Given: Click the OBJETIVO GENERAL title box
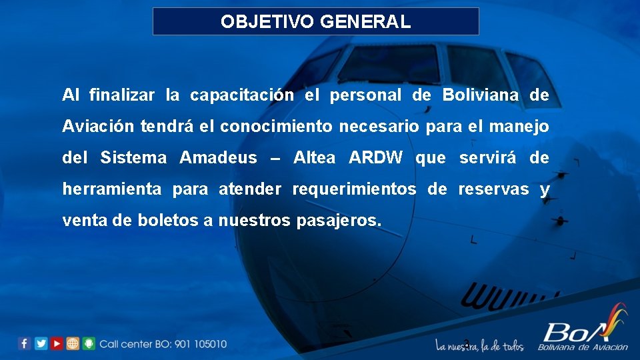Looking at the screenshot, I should point(316,21).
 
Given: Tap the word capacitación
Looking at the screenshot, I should point(241,95).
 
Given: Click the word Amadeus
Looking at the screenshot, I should point(218,158).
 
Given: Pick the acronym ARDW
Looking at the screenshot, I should point(376,158).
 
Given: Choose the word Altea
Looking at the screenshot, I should point(315,158).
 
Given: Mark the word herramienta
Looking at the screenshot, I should point(111,189).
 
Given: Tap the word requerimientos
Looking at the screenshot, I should point(354,189).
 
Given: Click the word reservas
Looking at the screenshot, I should point(493,189).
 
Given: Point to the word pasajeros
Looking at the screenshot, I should point(336,221).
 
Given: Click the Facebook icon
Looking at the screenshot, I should point(25,343).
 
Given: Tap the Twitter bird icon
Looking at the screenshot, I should point(41,343).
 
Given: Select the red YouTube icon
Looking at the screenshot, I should point(57,343).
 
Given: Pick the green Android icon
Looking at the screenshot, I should point(89,343).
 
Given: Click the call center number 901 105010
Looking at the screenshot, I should point(201,344).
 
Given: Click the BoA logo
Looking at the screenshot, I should point(583,329).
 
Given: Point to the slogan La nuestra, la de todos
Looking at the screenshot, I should point(479,345).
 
